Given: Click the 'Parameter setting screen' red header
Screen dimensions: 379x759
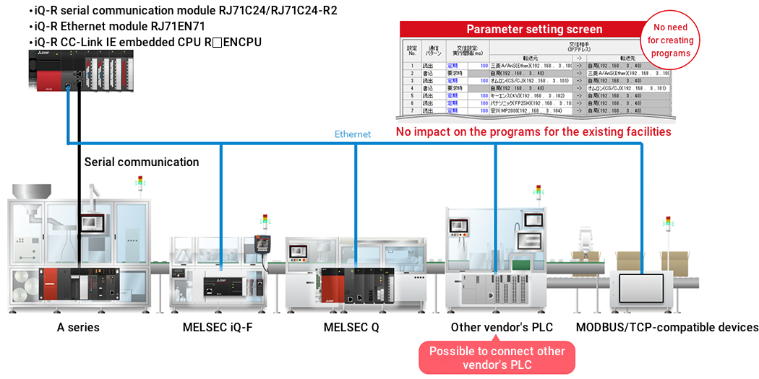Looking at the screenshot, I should pyautogui.click(x=534, y=30).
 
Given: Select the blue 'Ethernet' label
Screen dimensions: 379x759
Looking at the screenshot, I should pyautogui.click(x=353, y=134).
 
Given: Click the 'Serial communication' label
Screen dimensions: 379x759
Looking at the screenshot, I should pyautogui.click(x=142, y=162).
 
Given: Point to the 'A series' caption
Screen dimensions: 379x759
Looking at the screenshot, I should pyautogui.click(x=78, y=327).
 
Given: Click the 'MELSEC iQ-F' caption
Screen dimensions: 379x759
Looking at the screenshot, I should pyautogui.click(x=218, y=327).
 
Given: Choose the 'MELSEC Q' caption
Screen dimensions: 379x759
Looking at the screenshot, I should pyautogui.click(x=351, y=327).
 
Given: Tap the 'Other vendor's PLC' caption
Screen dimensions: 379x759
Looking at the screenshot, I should pyautogui.click(x=502, y=327).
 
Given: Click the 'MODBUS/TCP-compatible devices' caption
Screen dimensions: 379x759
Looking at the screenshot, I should pyautogui.click(x=666, y=327).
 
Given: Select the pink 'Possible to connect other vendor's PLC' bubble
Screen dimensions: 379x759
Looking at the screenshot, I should pyautogui.click(x=497, y=358).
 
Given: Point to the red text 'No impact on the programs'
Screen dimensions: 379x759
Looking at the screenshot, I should pyautogui.click(x=533, y=132).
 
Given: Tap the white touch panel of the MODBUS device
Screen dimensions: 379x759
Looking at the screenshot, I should pyautogui.click(x=642, y=287).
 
